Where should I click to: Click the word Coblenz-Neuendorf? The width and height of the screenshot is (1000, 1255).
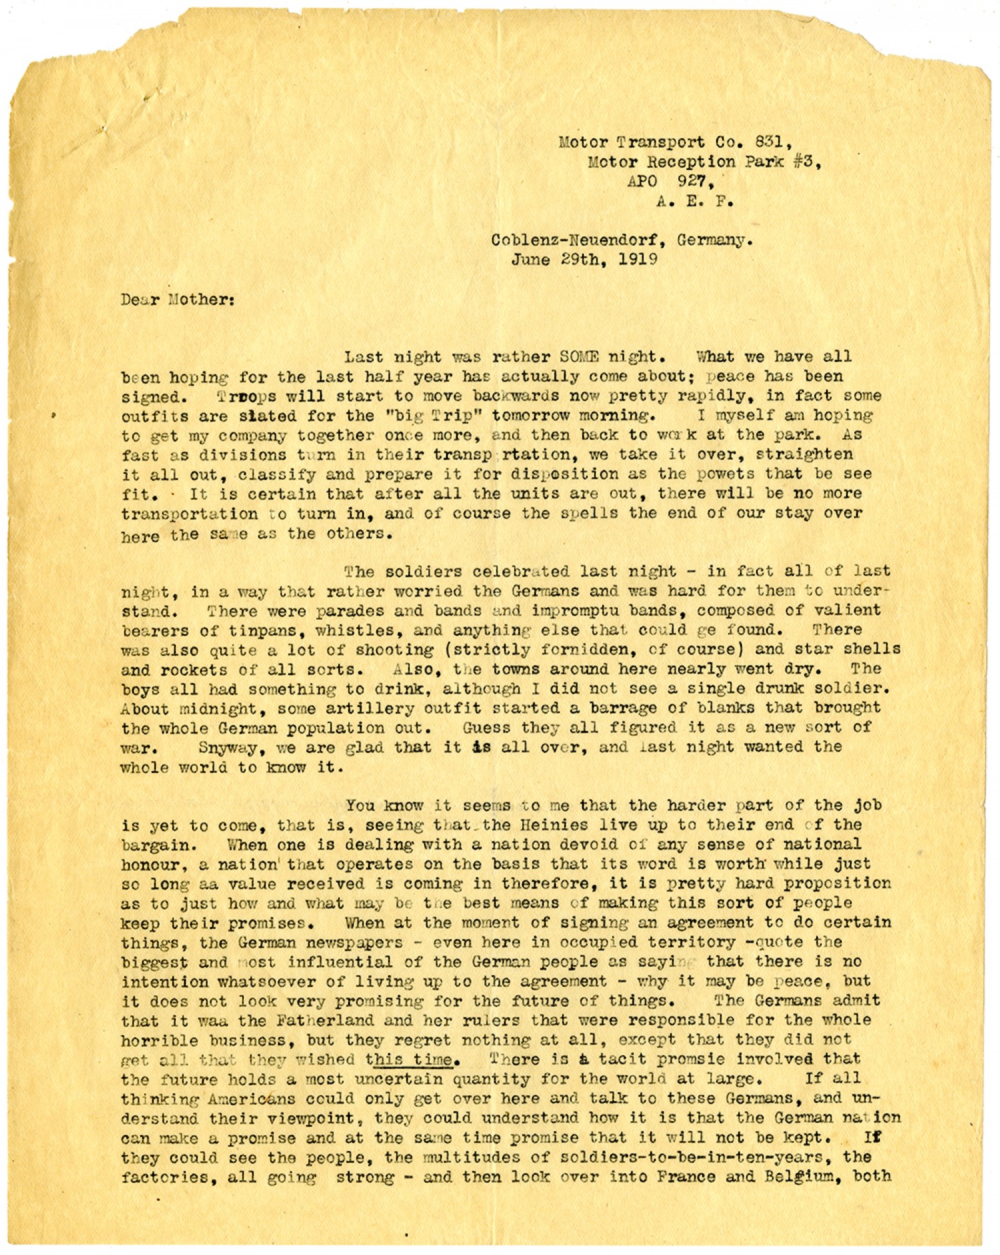pos(577,240)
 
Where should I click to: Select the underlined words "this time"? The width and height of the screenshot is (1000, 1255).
pos(411,1059)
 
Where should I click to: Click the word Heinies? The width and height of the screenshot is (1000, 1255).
pos(549,825)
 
